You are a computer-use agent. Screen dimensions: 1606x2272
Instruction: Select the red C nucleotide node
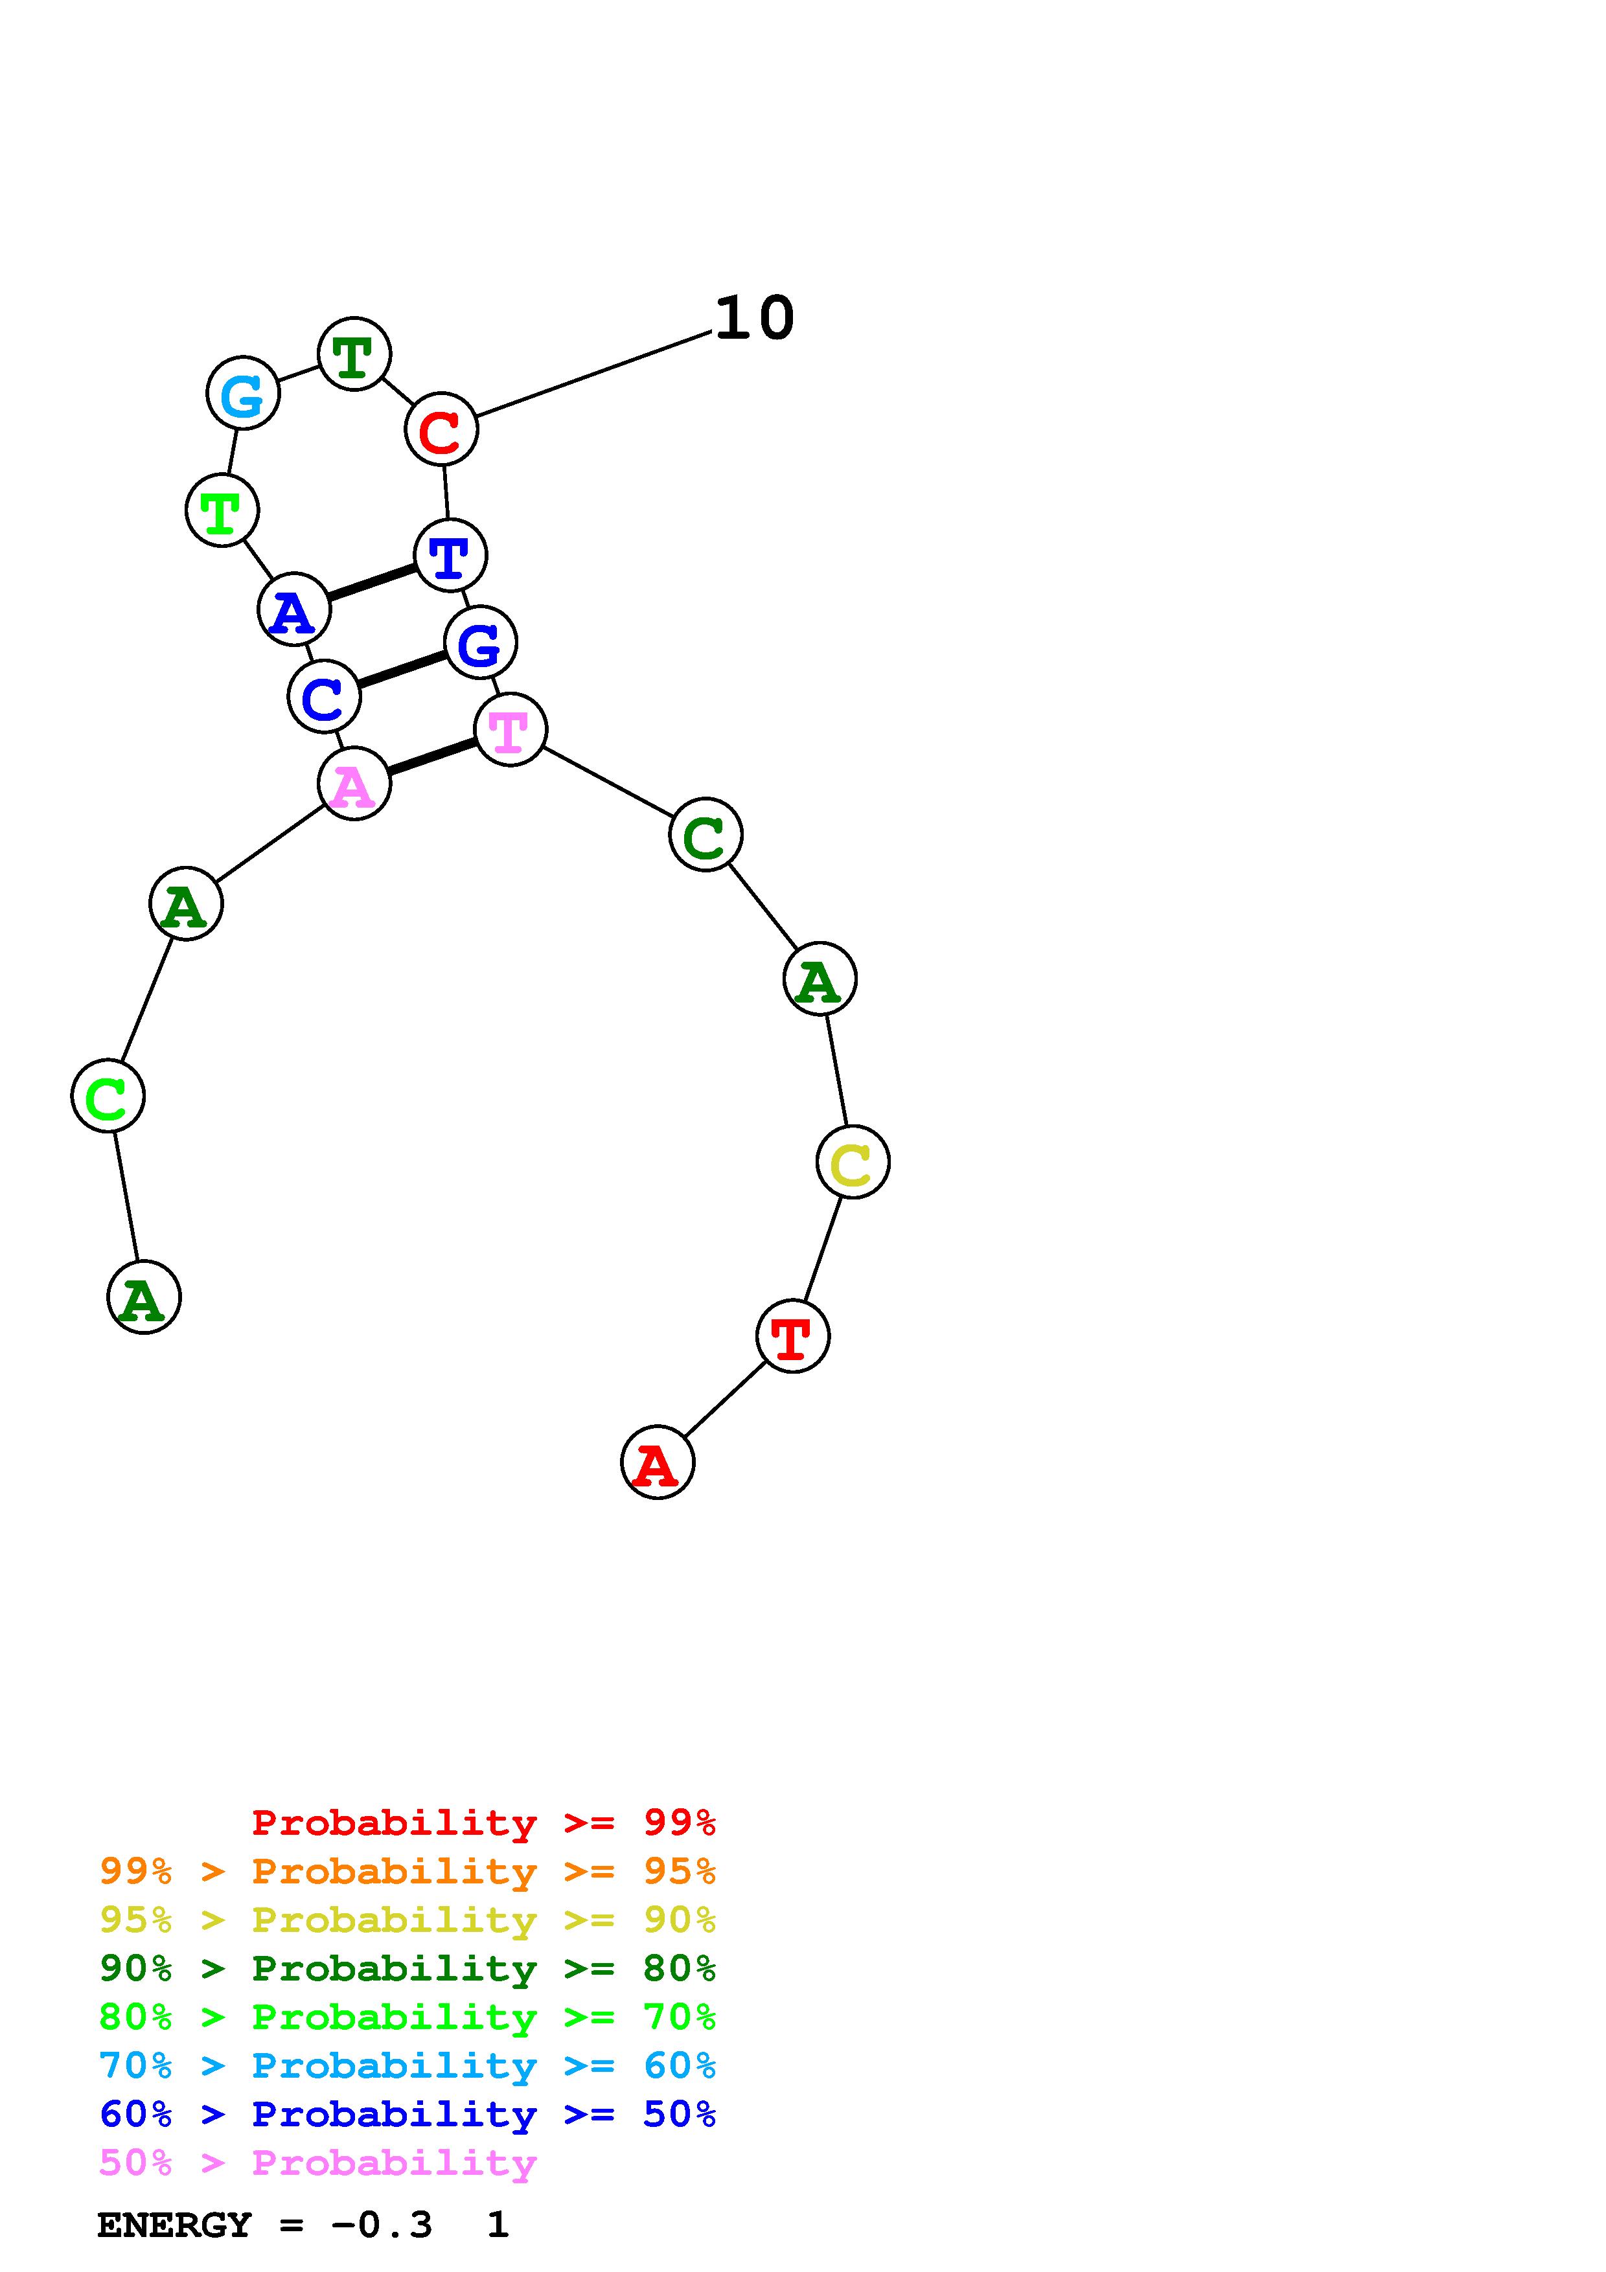click(x=441, y=429)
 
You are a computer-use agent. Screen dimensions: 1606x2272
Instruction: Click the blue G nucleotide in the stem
click(x=481, y=643)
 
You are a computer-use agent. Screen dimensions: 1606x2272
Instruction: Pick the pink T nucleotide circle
click(x=510, y=729)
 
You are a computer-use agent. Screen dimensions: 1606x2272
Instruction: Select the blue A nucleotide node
click(x=294, y=609)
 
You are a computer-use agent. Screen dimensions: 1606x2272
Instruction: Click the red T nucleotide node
click(x=792, y=1336)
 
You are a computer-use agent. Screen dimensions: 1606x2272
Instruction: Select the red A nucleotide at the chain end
click(x=657, y=1462)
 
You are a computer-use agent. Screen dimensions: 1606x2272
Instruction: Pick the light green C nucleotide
click(x=108, y=1095)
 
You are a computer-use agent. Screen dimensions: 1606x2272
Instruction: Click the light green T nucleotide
click(x=222, y=510)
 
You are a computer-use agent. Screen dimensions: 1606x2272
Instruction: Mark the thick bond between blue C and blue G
click(x=402, y=670)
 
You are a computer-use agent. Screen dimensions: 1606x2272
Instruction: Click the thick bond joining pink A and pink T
click(x=432, y=757)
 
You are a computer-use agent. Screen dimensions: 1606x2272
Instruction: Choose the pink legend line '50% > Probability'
click(x=317, y=2162)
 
